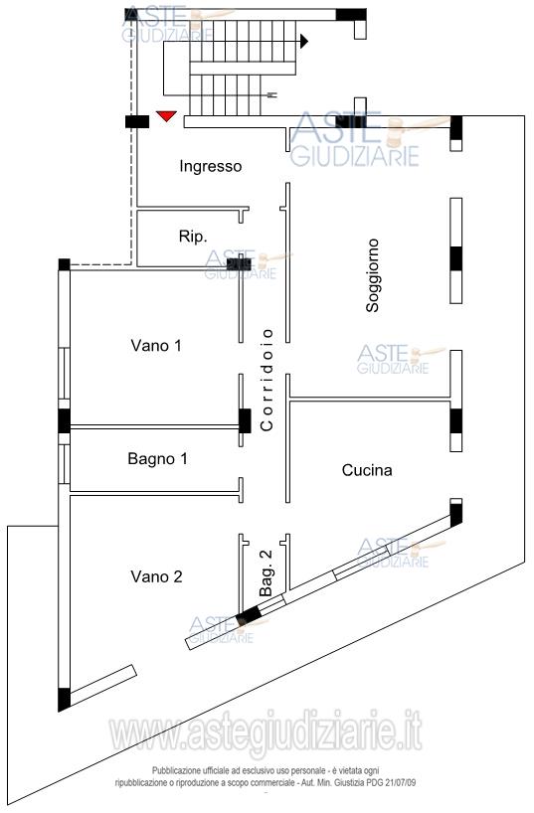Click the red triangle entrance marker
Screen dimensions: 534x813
pyautogui.click(x=166, y=116)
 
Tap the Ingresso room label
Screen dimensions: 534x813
pyautogui.click(x=210, y=166)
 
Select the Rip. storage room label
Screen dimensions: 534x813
pyautogui.click(x=193, y=237)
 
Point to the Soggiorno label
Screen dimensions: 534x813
pyautogui.click(x=373, y=275)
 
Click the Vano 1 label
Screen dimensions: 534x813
pyautogui.click(x=156, y=345)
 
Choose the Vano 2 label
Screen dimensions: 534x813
pyautogui.click(x=156, y=576)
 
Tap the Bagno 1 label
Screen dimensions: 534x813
pyautogui.click(x=157, y=459)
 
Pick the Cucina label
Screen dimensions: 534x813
pyautogui.click(x=367, y=470)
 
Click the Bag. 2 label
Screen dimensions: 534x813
pyautogui.click(x=266, y=572)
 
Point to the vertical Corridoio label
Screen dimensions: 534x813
pyautogui.click(x=267, y=380)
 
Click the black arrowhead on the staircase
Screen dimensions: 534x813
pyautogui.click(x=304, y=41)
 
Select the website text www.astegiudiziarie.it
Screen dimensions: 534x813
pyautogui.click(x=266, y=732)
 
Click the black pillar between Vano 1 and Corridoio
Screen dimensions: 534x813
pyautogui.click(x=245, y=421)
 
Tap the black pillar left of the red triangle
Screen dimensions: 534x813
pyautogui.click(x=137, y=122)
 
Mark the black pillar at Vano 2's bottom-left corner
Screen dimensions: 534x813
pyautogui.click(x=64, y=700)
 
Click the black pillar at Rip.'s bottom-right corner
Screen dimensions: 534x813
pyautogui.click(x=239, y=264)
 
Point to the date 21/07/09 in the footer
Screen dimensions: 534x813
pyautogui.click(x=400, y=783)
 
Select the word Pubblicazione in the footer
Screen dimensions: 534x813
pyautogui.click(x=174, y=771)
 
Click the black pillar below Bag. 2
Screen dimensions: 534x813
pyautogui.click(x=249, y=616)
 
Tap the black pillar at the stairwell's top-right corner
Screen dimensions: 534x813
pyautogui.click(x=351, y=15)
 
